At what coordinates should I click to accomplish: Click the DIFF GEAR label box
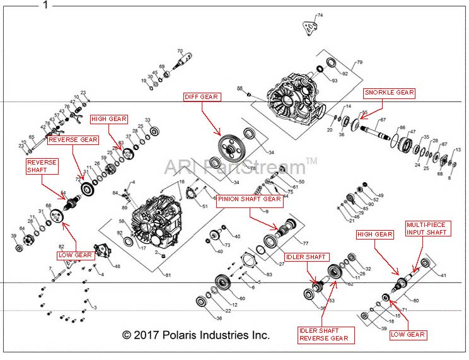[201, 96]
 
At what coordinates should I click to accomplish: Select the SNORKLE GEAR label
[389, 93]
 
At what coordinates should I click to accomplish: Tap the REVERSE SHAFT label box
[42, 166]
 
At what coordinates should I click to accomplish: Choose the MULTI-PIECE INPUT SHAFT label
[429, 228]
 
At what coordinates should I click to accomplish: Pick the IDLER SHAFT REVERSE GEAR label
[323, 334]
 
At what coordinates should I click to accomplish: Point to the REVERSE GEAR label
[73, 139]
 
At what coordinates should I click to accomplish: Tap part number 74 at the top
[320, 15]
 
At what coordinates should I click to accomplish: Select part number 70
[180, 51]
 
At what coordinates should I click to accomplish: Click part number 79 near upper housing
[360, 62]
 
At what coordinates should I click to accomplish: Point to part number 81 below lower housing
[168, 274]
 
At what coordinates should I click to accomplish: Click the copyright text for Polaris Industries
[195, 335]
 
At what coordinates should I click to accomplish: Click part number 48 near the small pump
[117, 267]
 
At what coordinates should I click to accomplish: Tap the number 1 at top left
[45, 5]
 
